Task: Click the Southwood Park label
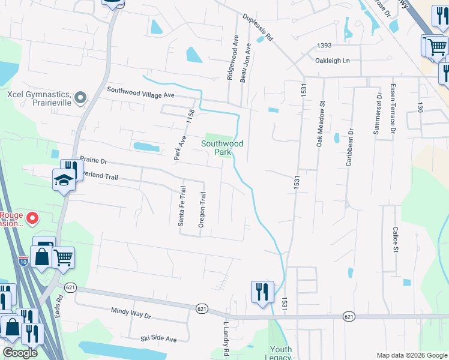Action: [x=222, y=148]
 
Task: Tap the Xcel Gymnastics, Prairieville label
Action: [x=40, y=98]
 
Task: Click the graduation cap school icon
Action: [x=63, y=180]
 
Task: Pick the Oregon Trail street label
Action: [x=203, y=209]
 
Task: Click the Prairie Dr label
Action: [x=93, y=161]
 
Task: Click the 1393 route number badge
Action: [x=325, y=46]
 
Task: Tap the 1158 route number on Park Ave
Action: [x=191, y=116]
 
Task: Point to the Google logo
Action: [x=20, y=353]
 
